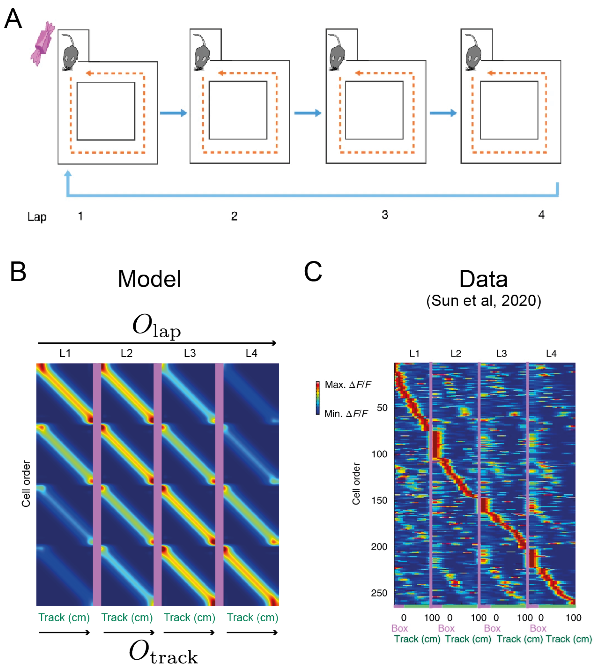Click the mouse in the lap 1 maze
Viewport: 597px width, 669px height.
(x=70, y=53)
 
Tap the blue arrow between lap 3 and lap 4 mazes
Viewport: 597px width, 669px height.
(x=443, y=113)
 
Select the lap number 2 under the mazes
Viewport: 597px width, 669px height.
(x=234, y=216)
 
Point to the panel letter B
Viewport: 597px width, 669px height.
(x=18, y=272)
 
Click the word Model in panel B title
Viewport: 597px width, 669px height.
(x=149, y=279)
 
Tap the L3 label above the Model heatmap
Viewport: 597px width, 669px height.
(x=190, y=353)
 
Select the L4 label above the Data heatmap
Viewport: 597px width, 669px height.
(x=551, y=354)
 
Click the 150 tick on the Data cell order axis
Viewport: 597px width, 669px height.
(x=379, y=500)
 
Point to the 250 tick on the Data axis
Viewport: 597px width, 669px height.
(x=379, y=593)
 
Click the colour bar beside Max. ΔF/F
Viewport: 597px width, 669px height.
(x=317, y=398)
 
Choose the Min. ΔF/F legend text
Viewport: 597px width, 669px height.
(x=346, y=414)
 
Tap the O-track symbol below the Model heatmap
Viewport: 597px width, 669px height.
(x=163, y=652)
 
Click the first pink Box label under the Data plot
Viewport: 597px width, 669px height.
(x=399, y=628)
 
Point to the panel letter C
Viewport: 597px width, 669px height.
(x=313, y=272)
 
